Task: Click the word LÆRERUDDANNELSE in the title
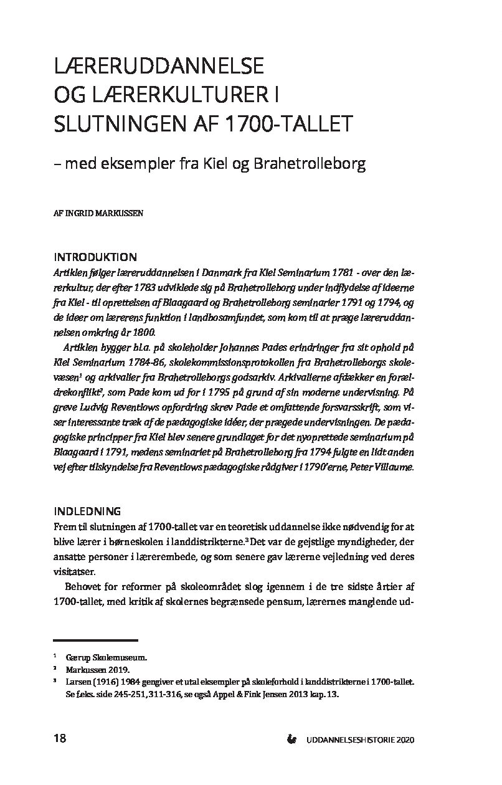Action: tap(159, 65)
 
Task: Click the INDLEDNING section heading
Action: tap(87, 511)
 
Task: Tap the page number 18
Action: tap(60, 739)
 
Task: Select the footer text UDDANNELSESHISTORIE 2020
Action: tap(360, 740)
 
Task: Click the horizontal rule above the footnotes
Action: tap(95, 640)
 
